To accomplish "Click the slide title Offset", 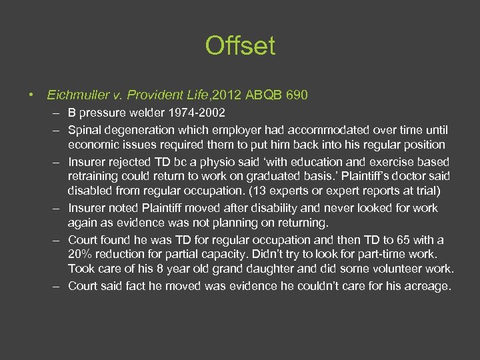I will coord(240,46).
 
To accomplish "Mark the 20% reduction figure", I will coord(81,255).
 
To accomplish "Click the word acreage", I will coord(428,286).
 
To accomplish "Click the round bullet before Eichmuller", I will coord(31,95).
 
